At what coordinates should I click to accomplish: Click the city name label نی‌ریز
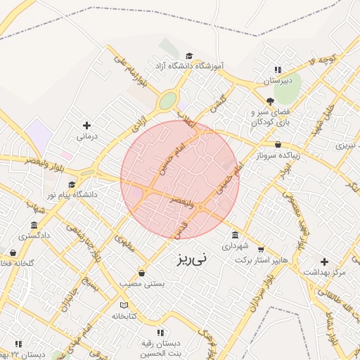191,259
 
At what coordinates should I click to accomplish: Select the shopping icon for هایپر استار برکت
262,249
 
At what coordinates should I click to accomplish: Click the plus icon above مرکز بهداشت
324,261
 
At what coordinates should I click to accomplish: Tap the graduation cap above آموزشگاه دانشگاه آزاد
188,56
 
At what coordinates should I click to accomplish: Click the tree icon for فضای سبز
270,101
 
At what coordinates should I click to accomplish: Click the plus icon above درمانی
86,124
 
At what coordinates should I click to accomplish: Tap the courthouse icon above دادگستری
34,225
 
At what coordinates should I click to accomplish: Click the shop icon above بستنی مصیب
142,273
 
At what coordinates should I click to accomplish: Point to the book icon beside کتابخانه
124,305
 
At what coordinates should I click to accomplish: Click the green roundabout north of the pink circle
167,101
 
